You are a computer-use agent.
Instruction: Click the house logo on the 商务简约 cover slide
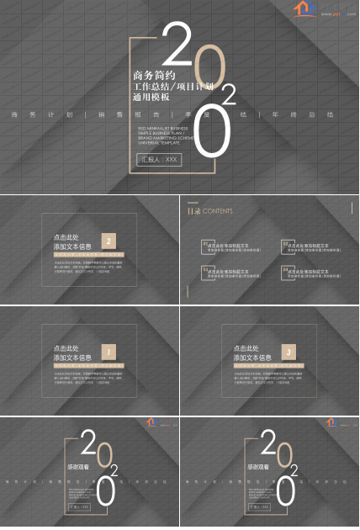coord(302,8)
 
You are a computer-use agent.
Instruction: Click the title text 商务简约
coord(151,75)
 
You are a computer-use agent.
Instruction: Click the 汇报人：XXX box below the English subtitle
coord(159,159)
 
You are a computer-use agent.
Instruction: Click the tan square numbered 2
coord(109,241)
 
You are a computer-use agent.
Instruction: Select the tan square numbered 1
coord(109,352)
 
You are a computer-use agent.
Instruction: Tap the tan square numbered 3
coord(289,352)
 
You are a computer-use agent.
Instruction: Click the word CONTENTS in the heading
coord(218,211)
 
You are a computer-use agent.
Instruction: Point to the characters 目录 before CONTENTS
coord(193,211)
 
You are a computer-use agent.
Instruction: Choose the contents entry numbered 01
coord(228,247)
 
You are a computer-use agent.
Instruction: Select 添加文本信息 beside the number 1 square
coord(73,358)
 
